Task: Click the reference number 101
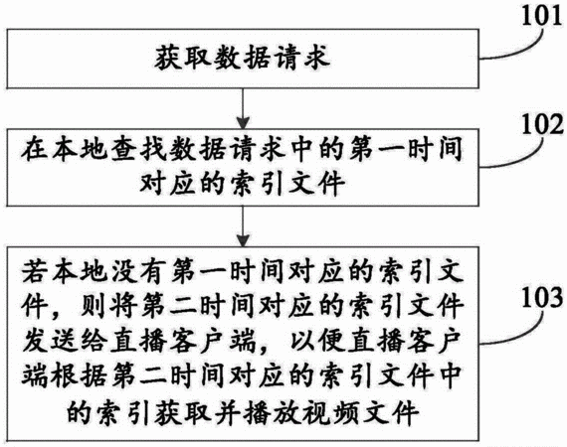click(x=542, y=16)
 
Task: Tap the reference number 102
click(x=542, y=124)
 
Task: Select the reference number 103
click(x=542, y=298)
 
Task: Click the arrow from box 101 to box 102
click(x=243, y=108)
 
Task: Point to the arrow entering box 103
click(x=243, y=226)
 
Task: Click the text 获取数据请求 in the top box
click(x=243, y=59)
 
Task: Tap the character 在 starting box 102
click(x=35, y=149)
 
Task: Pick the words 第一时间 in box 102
click(x=405, y=149)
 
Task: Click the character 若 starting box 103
click(x=35, y=271)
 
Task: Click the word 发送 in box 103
click(x=50, y=341)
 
